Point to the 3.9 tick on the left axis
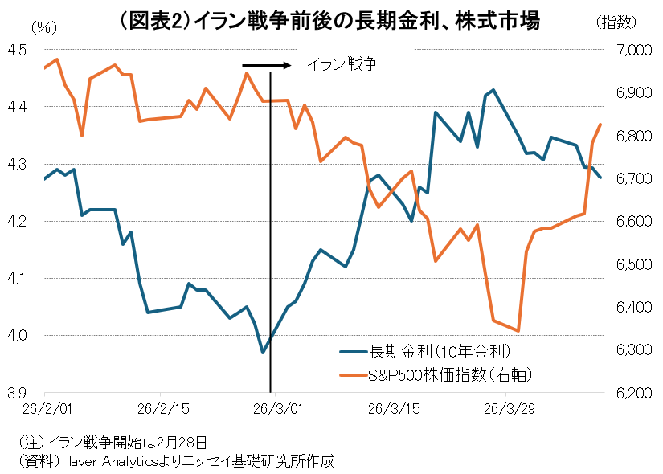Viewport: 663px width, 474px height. click(17, 393)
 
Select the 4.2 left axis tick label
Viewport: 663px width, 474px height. click(17, 222)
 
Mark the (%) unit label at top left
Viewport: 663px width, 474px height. click(44, 26)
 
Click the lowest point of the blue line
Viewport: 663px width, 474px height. click(262, 352)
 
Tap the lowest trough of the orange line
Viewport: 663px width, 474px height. click(518, 330)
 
